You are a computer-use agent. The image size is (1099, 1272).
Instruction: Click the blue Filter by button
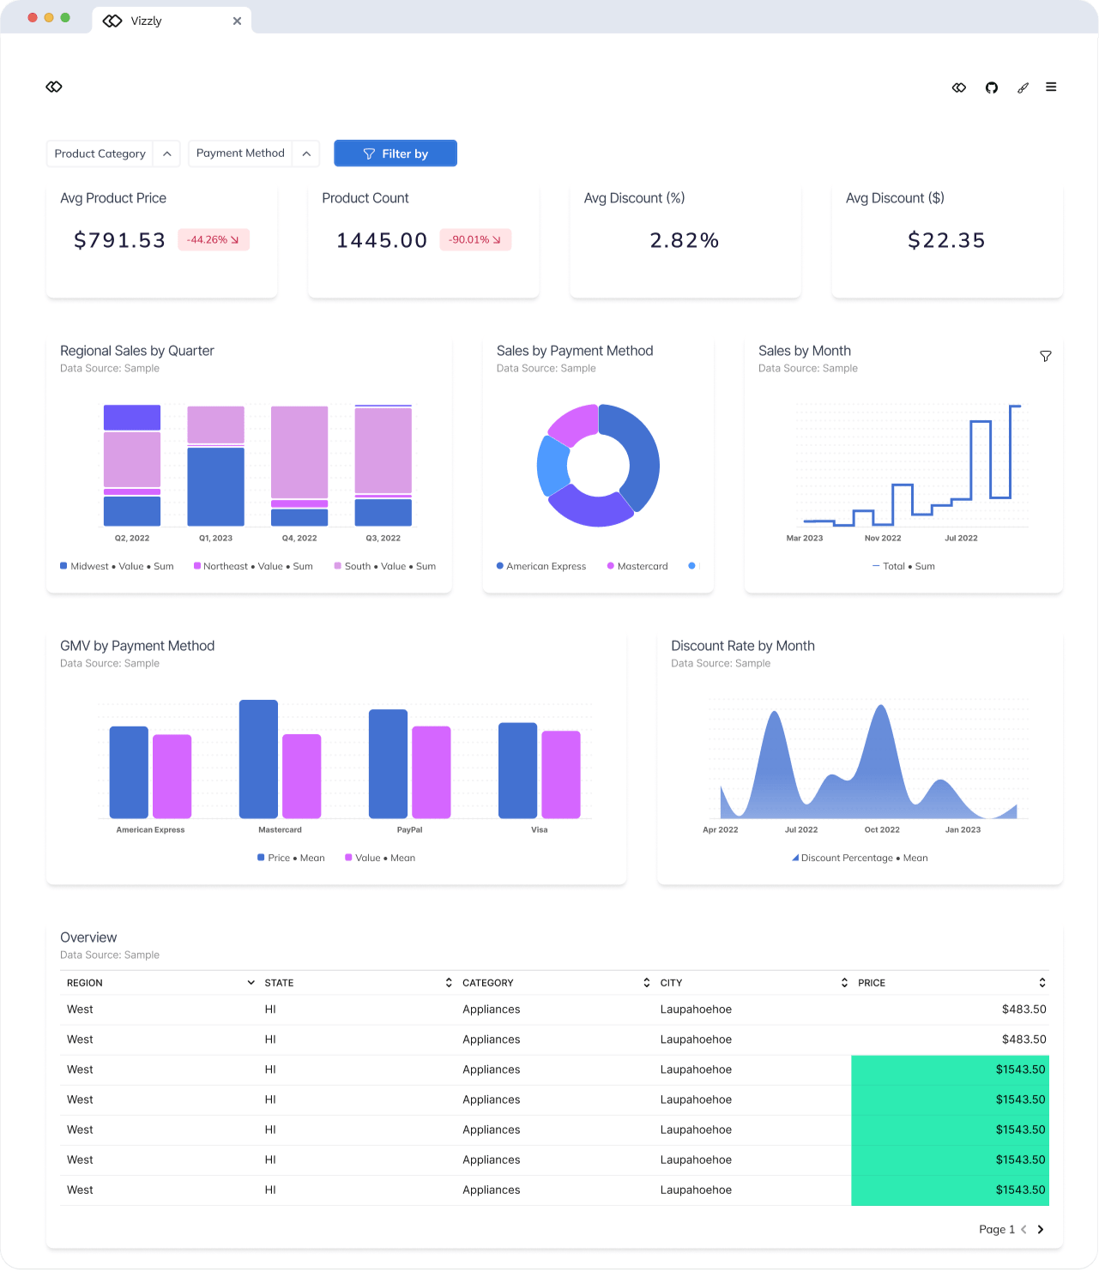[x=396, y=154]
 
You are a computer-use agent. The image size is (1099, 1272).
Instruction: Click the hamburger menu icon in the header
[x=1051, y=87]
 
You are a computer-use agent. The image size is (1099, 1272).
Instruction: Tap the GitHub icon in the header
[x=992, y=87]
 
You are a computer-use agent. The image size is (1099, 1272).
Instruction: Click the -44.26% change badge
[x=213, y=240]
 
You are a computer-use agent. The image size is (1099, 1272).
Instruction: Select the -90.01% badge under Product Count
[x=475, y=240]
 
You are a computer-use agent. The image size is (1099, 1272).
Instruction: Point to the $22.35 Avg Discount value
[x=946, y=241]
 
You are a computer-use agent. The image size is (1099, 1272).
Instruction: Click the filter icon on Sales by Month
[x=1045, y=356]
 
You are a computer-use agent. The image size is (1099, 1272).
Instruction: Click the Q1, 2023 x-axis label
[x=215, y=539]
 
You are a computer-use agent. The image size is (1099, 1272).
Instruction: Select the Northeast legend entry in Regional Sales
[x=253, y=567]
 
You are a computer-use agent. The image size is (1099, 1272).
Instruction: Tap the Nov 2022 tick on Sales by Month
[x=883, y=539]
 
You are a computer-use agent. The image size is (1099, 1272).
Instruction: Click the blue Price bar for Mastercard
[x=258, y=759]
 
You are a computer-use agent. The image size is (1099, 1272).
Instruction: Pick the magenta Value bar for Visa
[x=561, y=775]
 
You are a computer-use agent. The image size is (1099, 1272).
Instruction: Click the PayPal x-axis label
[x=409, y=830]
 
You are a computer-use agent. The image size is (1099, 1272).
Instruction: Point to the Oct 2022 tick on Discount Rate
[x=882, y=830]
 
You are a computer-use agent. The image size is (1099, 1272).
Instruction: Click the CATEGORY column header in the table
[x=488, y=983]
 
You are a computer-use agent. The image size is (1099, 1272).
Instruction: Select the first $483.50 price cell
[x=1024, y=1010]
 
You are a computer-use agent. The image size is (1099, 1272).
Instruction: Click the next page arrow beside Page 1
[x=1041, y=1229]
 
